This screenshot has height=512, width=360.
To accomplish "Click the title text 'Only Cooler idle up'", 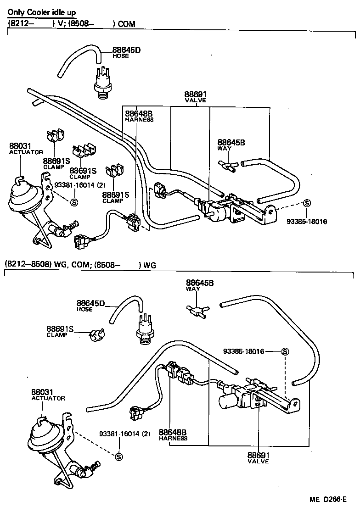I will (x=42, y=13).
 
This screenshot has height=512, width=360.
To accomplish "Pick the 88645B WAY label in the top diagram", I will (x=231, y=145).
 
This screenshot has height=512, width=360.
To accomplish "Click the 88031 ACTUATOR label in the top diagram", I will (x=26, y=149).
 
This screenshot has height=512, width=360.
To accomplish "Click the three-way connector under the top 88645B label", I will (x=227, y=166).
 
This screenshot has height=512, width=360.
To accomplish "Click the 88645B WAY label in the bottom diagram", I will (x=199, y=285).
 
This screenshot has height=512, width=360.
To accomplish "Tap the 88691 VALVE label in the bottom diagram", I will (x=258, y=458).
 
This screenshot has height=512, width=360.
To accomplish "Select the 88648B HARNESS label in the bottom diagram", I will (x=173, y=434).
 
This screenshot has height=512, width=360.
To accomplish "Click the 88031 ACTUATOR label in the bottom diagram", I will (x=48, y=395).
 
